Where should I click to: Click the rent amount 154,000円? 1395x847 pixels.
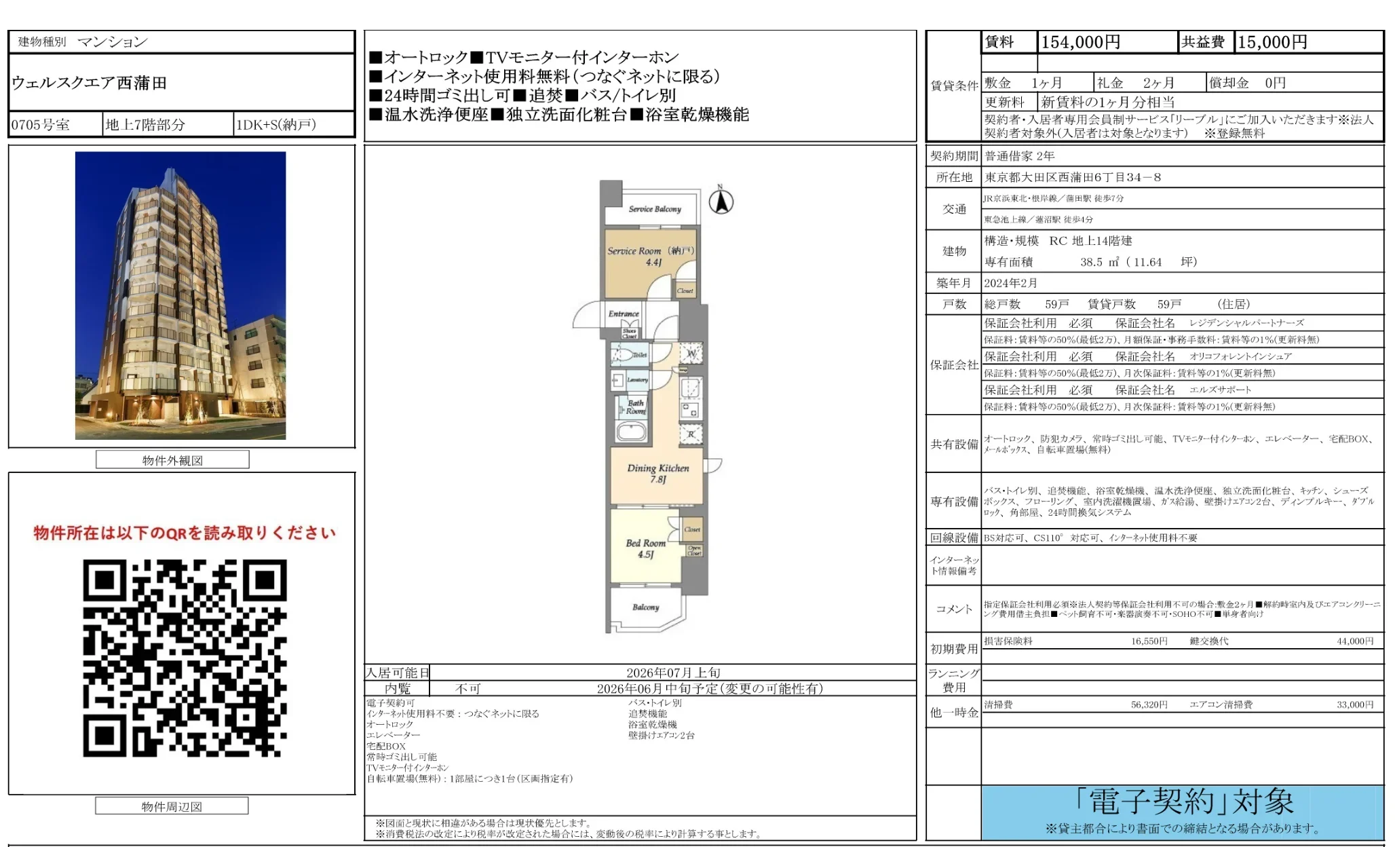click(x=1080, y=42)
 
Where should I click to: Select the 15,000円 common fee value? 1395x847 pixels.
click(x=1272, y=42)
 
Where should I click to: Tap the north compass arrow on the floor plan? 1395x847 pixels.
click(x=721, y=201)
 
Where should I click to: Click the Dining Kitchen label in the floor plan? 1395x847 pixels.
click(x=657, y=473)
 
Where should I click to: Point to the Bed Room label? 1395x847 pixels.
click(x=645, y=548)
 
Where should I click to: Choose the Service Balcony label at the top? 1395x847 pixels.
click(x=654, y=209)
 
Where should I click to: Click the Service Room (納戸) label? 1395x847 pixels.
click(x=650, y=255)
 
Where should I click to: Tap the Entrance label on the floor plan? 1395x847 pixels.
click(x=624, y=314)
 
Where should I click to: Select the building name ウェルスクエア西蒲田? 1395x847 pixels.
click(x=89, y=83)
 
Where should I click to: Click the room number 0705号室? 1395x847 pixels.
click(x=41, y=125)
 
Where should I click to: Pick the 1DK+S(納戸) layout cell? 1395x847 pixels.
click(x=275, y=125)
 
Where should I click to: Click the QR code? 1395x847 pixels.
click(x=185, y=658)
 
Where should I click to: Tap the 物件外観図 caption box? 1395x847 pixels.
click(x=172, y=460)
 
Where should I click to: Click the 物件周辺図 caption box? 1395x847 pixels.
click(x=172, y=806)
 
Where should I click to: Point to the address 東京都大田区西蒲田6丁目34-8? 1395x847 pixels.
click(x=1073, y=177)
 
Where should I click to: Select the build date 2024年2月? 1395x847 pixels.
click(x=1010, y=283)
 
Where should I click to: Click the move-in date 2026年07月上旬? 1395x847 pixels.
click(x=672, y=673)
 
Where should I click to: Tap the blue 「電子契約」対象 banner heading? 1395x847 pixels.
click(x=1183, y=802)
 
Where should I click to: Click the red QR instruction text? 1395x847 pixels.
click(x=185, y=533)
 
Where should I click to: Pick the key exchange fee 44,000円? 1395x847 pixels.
click(x=1354, y=641)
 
